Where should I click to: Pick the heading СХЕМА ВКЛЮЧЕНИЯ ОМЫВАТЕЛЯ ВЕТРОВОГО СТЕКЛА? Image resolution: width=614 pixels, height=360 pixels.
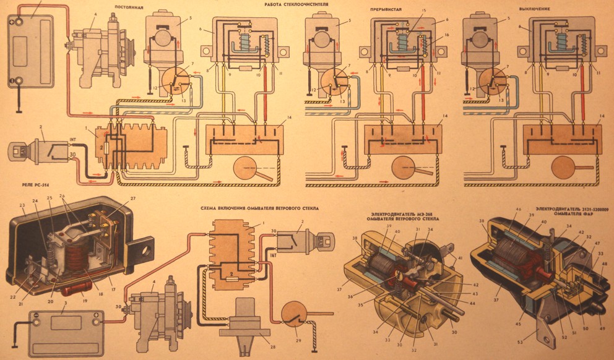(259, 209)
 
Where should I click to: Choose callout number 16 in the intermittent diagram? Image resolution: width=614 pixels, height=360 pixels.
(446, 35)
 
